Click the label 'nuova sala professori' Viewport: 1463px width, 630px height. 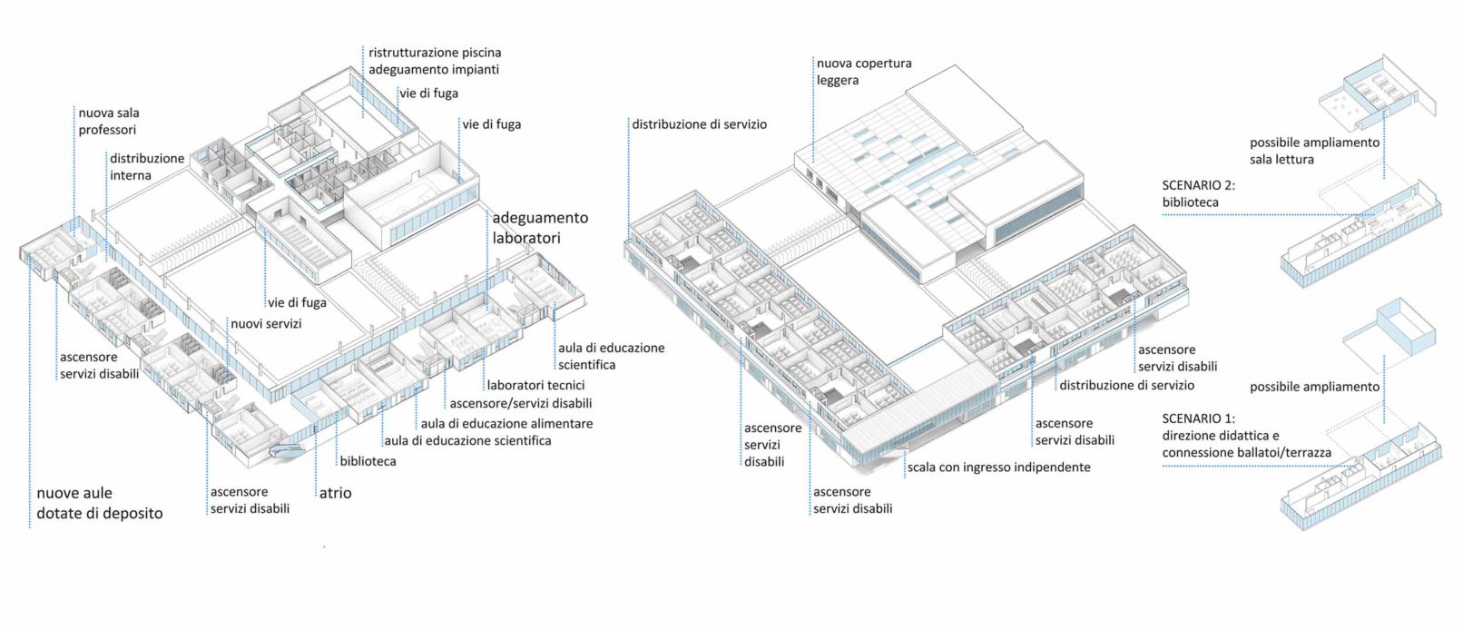click(x=108, y=121)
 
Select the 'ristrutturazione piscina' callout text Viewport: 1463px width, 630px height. click(x=434, y=53)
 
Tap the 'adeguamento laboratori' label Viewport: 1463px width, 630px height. click(x=539, y=228)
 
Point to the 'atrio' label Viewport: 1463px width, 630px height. click(x=335, y=493)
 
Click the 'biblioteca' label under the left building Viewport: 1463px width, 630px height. click(x=368, y=461)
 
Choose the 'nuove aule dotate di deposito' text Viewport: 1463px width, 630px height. click(x=99, y=503)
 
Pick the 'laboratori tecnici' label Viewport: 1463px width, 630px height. click(x=535, y=385)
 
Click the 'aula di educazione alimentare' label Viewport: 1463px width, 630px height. click(x=506, y=423)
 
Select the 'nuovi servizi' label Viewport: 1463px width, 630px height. click(x=266, y=323)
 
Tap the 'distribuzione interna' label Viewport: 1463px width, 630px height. click(x=146, y=166)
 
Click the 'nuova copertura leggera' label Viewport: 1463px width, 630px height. click(x=863, y=72)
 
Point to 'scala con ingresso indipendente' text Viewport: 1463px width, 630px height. click(x=998, y=468)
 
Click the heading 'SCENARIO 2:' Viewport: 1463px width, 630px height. click(x=1198, y=185)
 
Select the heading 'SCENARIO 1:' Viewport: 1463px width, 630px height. click(x=1198, y=418)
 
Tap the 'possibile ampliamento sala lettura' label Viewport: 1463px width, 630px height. click(x=1313, y=151)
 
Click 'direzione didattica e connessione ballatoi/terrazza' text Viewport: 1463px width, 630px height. click(x=1246, y=444)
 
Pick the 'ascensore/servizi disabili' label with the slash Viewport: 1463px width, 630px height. click(x=520, y=403)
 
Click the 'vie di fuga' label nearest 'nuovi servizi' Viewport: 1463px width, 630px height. click(x=297, y=302)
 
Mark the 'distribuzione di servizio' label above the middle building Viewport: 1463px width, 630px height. click(x=699, y=124)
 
